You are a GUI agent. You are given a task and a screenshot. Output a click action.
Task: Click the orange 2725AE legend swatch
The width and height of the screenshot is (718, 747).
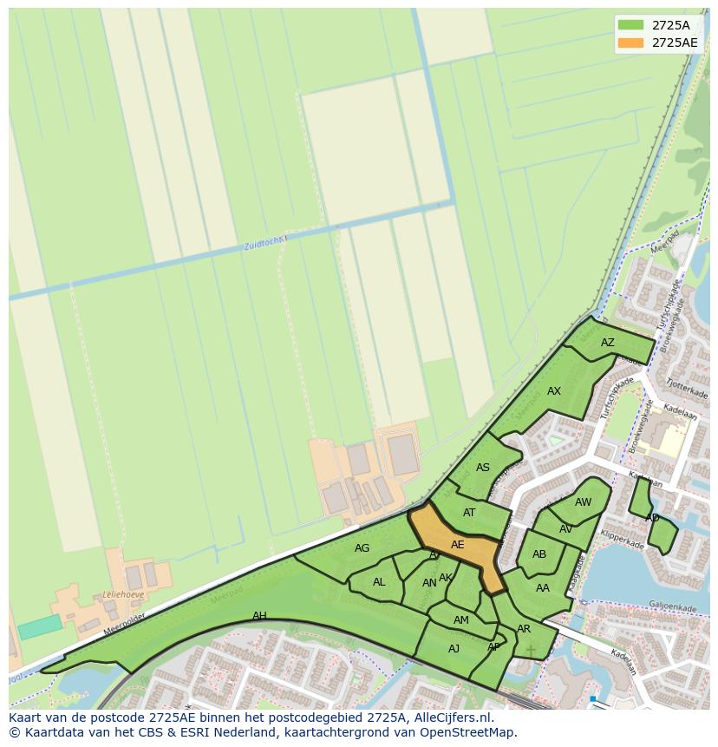pyautogui.click(x=631, y=43)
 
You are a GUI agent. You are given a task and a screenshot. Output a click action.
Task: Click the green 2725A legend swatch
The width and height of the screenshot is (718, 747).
pyautogui.click(x=631, y=25)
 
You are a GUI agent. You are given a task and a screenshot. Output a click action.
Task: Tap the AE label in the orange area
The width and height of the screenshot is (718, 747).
pyautogui.click(x=457, y=545)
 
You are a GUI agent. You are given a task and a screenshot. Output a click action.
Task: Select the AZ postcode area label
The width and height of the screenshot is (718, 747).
pyautogui.click(x=607, y=343)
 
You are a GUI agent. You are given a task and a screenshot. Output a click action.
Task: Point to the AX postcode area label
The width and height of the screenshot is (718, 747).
pyautogui.click(x=553, y=391)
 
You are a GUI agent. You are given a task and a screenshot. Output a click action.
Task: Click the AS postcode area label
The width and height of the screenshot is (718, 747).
pyautogui.click(x=483, y=468)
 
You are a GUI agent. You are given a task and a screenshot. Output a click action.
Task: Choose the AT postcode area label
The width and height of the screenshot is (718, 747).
pyautogui.click(x=469, y=513)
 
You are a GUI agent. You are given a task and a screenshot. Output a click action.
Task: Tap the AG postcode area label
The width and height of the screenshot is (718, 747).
pyautogui.click(x=362, y=548)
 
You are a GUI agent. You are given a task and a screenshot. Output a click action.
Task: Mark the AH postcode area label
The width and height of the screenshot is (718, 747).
pyautogui.click(x=259, y=616)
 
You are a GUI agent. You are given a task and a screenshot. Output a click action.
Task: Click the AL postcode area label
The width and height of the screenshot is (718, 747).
pyautogui.click(x=379, y=582)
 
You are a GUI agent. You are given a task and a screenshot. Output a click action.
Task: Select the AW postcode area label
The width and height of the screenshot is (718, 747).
pyautogui.click(x=583, y=502)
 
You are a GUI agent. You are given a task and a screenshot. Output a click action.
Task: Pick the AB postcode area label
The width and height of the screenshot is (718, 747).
pyautogui.click(x=539, y=554)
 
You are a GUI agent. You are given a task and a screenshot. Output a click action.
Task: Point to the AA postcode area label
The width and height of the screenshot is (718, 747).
pyautogui.click(x=543, y=588)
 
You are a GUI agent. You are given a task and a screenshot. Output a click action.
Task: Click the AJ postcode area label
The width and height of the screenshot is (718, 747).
pyautogui.click(x=454, y=649)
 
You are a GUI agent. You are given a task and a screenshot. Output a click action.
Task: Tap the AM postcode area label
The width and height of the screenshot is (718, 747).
pyautogui.click(x=461, y=620)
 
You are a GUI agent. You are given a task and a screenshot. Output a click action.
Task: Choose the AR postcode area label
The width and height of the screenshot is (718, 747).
pyautogui.click(x=524, y=629)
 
